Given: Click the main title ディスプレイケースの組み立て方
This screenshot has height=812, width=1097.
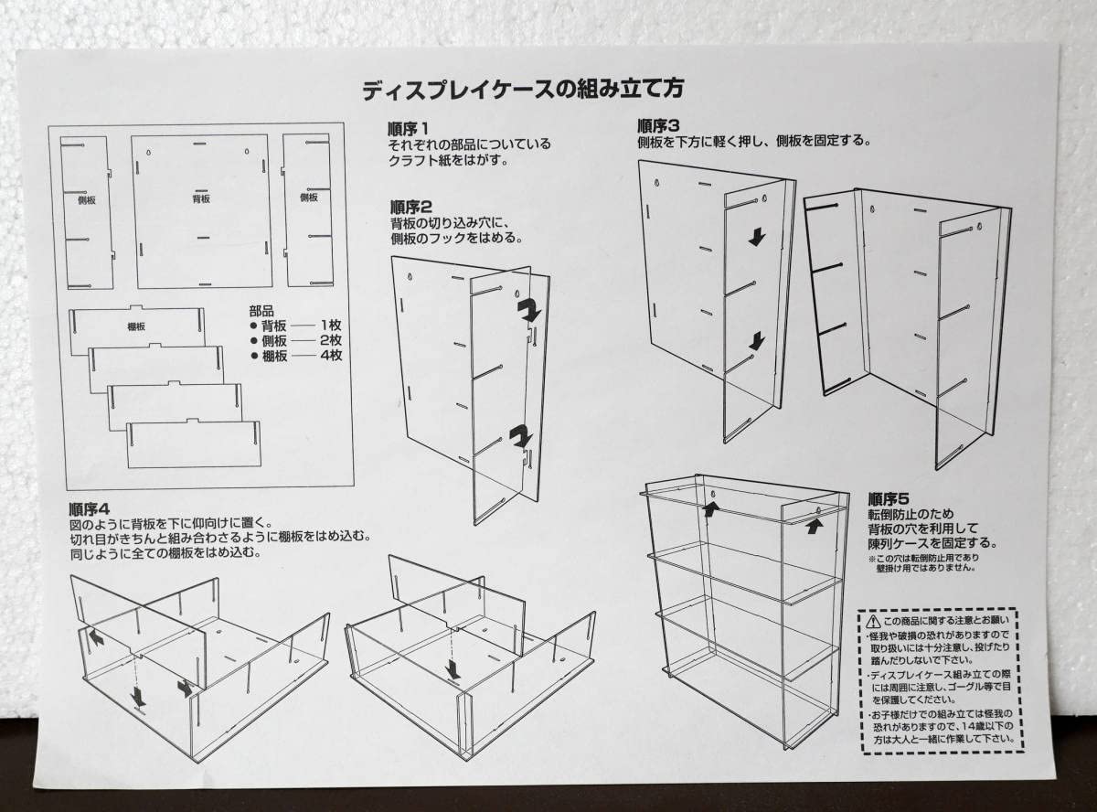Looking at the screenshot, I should pyautogui.click(x=522, y=90).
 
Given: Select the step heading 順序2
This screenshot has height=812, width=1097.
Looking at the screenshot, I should pyautogui.click(x=410, y=207).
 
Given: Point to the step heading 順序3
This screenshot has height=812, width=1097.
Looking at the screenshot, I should pyautogui.click(x=658, y=125).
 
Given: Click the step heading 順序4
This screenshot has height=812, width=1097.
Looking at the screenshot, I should pyautogui.click(x=90, y=509).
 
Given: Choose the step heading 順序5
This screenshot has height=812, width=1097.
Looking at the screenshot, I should pyautogui.click(x=889, y=499).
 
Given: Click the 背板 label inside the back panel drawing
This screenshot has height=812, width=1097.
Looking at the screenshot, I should pyautogui.click(x=201, y=198).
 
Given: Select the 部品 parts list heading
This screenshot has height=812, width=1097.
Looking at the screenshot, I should pyautogui.click(x=261, y=311).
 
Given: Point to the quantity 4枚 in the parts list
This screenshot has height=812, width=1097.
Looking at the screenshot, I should pyautogui.click(x=330, y=356).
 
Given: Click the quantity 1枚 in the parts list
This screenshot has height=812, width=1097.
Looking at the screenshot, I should pyautogui.click(x=330, y=326).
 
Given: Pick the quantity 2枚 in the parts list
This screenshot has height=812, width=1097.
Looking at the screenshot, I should pyautogui.click(x=330, y=341).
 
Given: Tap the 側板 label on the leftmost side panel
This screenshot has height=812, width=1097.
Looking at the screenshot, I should pyautogui.click(x=87, y=198).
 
